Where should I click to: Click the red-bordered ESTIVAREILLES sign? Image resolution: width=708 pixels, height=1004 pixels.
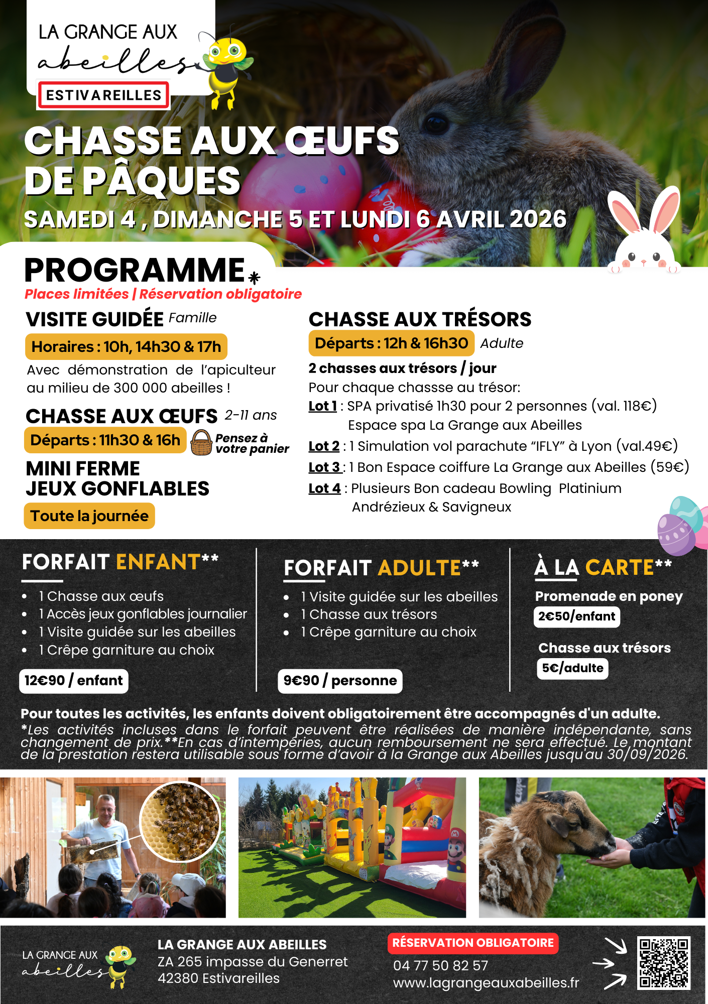tap(103, 95)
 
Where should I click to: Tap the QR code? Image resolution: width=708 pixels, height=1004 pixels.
tap(663, 963)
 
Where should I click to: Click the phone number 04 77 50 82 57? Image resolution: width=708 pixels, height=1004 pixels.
tap(440, 965)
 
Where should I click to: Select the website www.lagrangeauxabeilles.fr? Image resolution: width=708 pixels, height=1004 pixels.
tap(486, 983)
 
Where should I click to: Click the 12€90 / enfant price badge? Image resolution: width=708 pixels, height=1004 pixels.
tap(74, 681)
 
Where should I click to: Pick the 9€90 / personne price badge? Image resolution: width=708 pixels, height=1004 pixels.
tap(340, 681)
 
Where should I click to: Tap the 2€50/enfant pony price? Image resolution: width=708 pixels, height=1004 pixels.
tap(576, 616)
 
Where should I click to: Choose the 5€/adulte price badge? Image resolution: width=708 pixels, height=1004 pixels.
tap(572, 668)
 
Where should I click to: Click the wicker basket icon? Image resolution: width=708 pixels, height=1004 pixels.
tap(201, 443)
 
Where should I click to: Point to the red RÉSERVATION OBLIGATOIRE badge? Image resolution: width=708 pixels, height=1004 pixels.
tap(473, 943)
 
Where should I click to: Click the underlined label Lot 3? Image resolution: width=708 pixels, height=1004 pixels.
tap(324, 467)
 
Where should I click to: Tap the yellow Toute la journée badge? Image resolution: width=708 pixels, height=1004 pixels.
tap(89, 516)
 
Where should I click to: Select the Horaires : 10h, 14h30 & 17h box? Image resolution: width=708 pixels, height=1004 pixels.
tap(126, 347)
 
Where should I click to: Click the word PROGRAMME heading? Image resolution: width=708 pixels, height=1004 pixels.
tap(135, 271)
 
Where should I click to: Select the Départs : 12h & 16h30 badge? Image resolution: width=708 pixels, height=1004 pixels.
tap(391, 343)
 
